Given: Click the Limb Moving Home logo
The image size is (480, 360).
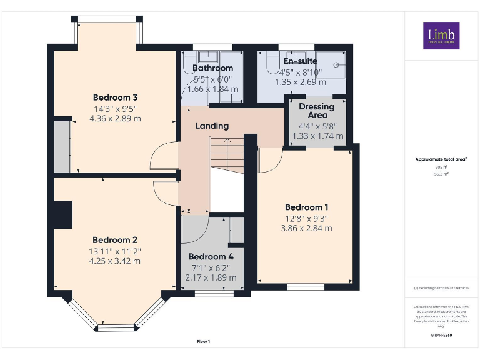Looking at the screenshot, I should tap(441, 36).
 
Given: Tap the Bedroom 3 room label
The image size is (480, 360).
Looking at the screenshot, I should tap(115, 97).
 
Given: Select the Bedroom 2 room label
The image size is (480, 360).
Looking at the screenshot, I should tap(115, 240).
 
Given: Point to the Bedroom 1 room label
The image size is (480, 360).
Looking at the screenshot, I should tap(307, 207).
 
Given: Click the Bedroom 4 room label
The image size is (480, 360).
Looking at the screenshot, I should tap(211, 257).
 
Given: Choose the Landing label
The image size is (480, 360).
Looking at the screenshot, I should tap(212, 126).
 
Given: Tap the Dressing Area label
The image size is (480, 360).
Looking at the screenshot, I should tap(317, 111).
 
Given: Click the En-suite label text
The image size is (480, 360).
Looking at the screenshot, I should tap(301, 61).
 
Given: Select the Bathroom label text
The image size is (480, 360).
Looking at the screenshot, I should tap(212, 68).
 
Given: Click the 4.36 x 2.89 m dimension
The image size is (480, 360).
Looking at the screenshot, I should tap(115, 118).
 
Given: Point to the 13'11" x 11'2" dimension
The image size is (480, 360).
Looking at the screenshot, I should tap(115, 251).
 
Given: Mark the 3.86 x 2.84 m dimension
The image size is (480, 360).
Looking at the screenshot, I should tap(307, 229).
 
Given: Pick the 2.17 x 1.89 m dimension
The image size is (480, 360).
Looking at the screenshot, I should tap(211, 277).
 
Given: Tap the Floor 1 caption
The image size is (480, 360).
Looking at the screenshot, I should tap(204, 341).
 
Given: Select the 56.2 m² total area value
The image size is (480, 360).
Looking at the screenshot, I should tap(442, 174).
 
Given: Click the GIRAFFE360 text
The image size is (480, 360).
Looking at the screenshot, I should tap(442, 336).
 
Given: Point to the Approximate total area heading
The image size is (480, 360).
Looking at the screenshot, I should tap(441, 160).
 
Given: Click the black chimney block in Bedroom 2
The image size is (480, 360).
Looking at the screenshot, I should tap(63, 214).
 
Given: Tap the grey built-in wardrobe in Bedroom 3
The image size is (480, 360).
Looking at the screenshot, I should tap(62, 146).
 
